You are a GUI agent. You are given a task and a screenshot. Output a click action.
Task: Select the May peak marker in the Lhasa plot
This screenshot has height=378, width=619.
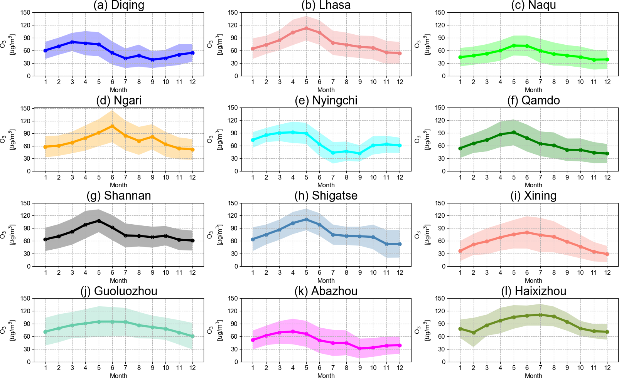pos(306,28)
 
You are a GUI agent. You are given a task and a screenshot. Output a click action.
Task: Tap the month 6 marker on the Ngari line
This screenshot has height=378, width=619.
pos(112,126)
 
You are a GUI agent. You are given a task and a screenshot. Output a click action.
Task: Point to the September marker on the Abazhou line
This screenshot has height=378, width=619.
pos(360,348)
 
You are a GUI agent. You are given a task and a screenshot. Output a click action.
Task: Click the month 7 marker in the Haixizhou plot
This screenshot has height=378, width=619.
pos(540,315)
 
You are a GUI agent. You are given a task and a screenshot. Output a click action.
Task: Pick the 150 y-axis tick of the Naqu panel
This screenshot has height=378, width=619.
pos(441,12)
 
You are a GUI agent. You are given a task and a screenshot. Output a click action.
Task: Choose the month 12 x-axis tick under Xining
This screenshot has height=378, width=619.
pos(607,272)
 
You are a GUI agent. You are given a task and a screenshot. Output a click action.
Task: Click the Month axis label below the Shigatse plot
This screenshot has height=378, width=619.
pos(326,281)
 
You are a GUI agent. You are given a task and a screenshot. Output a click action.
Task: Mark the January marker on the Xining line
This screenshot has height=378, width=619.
pos(460,251)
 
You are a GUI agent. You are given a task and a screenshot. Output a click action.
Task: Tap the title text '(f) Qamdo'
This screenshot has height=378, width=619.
pos(533,101)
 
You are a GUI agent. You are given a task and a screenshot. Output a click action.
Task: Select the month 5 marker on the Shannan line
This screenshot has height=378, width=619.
pos(99,221)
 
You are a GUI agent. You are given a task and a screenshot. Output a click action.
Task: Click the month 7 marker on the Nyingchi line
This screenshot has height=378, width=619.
pos(333,153)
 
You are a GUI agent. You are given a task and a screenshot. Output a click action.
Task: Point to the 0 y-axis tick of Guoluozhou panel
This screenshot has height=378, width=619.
pos(28,362)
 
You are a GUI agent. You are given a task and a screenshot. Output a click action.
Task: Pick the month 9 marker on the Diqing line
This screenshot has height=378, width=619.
pos(152,60)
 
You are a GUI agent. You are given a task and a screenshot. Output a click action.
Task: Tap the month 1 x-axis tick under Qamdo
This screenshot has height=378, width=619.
pos(460,177)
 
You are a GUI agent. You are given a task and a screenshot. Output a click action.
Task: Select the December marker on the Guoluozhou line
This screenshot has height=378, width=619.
pos(192,336)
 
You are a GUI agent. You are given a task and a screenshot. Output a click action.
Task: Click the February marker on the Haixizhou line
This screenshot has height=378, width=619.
pos(474,333)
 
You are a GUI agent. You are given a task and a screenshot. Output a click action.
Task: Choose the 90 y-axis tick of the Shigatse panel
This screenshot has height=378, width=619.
pos(234,228)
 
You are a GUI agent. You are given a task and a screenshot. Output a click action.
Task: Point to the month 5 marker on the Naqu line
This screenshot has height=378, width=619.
pos(514,45)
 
